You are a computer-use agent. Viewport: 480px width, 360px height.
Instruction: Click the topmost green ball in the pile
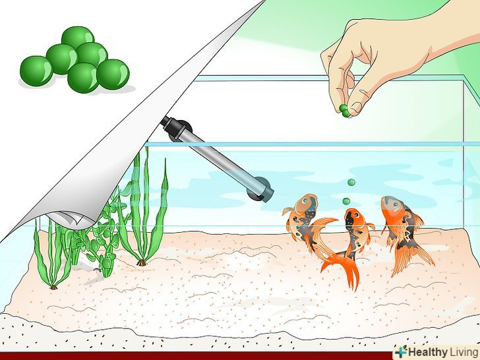[78, 37]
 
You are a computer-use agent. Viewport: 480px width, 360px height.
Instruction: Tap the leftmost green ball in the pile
[36, 71]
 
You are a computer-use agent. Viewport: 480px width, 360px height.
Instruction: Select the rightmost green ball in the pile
[113, 75]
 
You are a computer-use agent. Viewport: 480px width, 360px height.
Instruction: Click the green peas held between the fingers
[344, 111]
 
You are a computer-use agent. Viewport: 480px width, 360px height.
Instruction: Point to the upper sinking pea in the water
[351, 183]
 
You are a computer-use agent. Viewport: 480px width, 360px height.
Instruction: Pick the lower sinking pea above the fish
[346, 201]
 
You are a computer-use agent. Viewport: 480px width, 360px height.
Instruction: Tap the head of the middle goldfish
[353, 217]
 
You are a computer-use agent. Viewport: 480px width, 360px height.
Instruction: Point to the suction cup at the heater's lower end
[258, 189]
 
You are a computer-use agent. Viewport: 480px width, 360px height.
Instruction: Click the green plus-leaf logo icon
[401, 351]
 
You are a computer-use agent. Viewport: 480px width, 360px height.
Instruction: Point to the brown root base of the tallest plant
[141, 262]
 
